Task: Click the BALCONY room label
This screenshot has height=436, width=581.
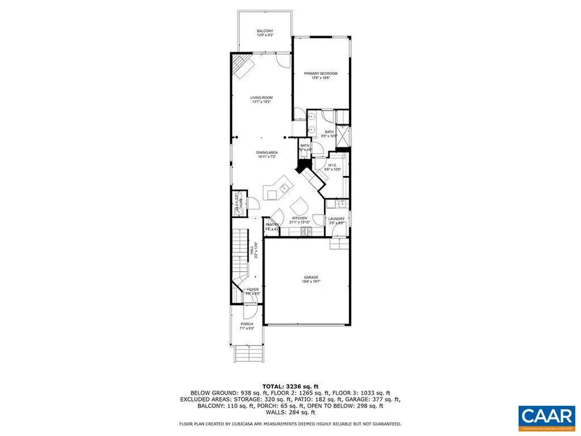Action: point(265,31)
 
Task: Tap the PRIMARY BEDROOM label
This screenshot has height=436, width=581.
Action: point(321,73)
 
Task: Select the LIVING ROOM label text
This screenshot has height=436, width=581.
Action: point(262,98)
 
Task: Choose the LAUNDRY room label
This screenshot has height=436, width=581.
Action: point(336,219)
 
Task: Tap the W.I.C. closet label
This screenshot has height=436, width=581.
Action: point(331,166)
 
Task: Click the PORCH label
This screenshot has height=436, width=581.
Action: point(247,324)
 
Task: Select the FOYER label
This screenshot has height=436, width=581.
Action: point(252,290)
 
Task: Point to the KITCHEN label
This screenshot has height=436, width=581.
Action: point(300,219)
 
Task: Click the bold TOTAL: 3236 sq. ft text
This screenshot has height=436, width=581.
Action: point(290,386)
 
